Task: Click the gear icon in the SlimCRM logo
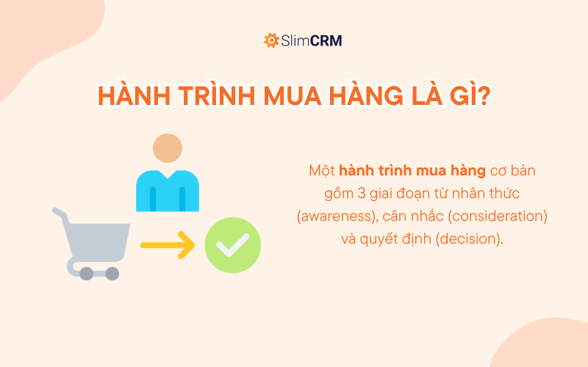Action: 270,40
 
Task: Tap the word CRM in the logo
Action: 327,41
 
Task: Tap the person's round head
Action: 168,149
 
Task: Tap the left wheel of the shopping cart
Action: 87,274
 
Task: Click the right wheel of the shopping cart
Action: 112,274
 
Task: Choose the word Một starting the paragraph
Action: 323,172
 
